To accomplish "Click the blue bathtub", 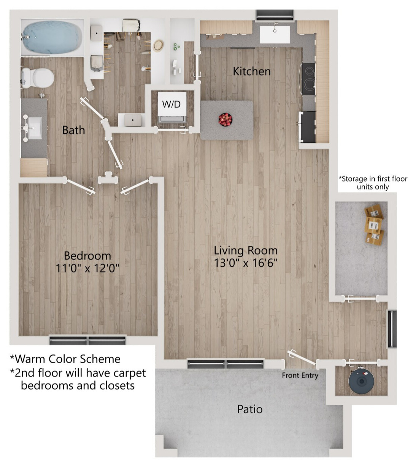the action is coord(52,38).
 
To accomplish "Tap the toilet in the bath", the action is coord(38,77).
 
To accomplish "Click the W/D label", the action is coord(172,104).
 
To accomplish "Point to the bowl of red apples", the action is coord(225,119).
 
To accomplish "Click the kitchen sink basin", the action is coord(275,35).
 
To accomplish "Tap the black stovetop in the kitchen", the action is coord(308,79).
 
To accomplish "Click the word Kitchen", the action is coord(252,71).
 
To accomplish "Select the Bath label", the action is coord(73,130).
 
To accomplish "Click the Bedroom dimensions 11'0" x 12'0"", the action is coord(87,268).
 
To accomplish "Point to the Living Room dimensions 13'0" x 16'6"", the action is coord(246,263).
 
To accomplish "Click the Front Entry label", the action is coord(300,375).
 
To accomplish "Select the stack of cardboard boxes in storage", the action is coord(374,225).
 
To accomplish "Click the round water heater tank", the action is coord(361,381).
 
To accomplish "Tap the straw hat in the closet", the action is coord(159,46).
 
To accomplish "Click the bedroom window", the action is coord(88,340).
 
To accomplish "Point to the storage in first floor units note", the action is coord(373,183).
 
